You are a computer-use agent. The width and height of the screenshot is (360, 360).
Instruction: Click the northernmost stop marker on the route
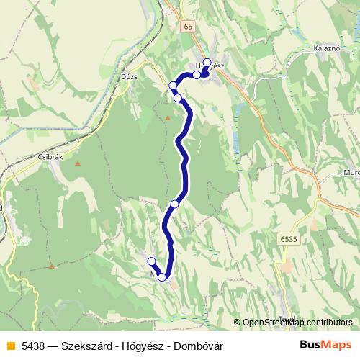tap(207, 62)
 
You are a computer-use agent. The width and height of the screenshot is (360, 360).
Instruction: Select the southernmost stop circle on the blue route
tap(163, 277)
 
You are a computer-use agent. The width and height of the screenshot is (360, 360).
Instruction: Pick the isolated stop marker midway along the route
tap(175, 204)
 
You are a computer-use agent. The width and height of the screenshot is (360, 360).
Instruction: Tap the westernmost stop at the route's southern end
tap(151, 261)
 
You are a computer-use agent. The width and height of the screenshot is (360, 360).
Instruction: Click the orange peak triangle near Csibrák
tap(77, 163)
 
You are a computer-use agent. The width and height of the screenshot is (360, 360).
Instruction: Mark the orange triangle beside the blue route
tap(168, 117)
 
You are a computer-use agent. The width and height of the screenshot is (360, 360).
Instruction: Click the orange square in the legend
tap(9, 346)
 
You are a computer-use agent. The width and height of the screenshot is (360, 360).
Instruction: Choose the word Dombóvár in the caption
tap(197, 346)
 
